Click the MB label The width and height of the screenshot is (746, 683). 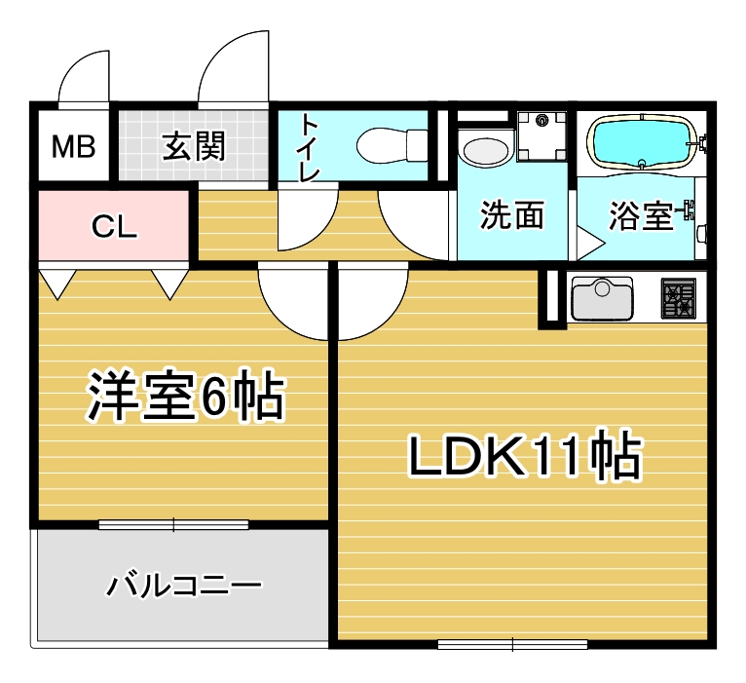pyautogui.click(x=74, y=146)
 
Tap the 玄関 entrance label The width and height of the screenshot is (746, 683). pyautogui.click(x=194, y=145)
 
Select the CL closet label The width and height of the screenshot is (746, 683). pyautogui.click(x=114, y=227)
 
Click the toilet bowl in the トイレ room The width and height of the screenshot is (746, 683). pyautogui.click(x=392, y=146)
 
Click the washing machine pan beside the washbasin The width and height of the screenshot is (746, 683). pyautogui.click(x=541, y=135)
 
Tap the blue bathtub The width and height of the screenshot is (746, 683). pyautogui.click(x=643, y=141)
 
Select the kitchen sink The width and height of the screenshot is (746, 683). pyautogui.click(x=602, y=298)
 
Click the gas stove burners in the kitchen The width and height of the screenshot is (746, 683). pyautogui.click(x=679, y=298)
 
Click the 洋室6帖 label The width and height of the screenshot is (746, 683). pyautogui.click(x=186, y=396)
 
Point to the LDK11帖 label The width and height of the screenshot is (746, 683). pyautogui.click(x=525, y=455)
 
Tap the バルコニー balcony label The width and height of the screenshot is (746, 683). pyautogui.click(x=183, y=585)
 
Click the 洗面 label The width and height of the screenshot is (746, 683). pyautogui.click(x=512, y=214)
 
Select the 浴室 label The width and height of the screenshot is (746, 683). pyautogui.click(x=641, y=216)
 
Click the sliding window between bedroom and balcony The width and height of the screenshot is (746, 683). pyautogui.click(x=173, y=524)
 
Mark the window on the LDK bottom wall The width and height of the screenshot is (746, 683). pyautogui.click(x=512, y=644)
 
